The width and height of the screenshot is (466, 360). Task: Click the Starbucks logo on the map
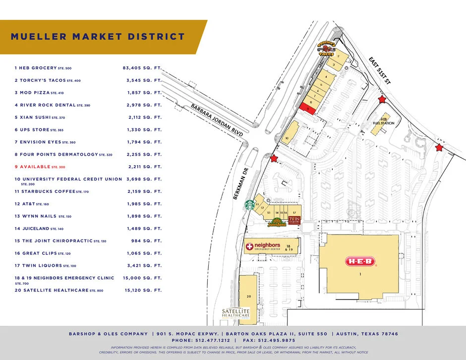pyautogui.click(x=250, y=204)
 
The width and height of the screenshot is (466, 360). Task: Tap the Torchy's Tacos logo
pyautogui.click(x=327, y=49)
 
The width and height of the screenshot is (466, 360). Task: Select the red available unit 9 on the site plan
pyautogui.click(x=307, y=109)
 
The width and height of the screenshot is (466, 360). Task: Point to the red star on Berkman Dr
pyautogui.click(x=274, y=159)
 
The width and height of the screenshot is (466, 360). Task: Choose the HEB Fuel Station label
pyautogui.click(x=387, y=121)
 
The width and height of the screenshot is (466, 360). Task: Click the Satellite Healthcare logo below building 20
pyautogui.click(x=235, y=313)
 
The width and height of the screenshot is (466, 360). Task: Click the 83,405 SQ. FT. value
pyautogui.click(x=142, y=67)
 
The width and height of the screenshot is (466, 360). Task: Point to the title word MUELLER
pyautogui.click(x=39, y=37)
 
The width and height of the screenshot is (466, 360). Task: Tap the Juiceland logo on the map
pyautogui.click(x=277, y=224)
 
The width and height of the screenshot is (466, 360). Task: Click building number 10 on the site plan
pyautogui.click(x=287, y=137)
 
